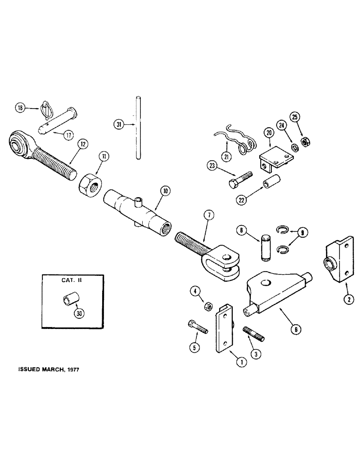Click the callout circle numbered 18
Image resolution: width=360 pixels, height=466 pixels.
tap(20, 108)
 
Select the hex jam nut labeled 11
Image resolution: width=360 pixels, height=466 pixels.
tap(89, 179)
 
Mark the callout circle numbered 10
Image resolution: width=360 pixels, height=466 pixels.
tap(164, 191)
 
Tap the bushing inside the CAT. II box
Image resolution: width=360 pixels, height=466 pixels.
tap(68, 302)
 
